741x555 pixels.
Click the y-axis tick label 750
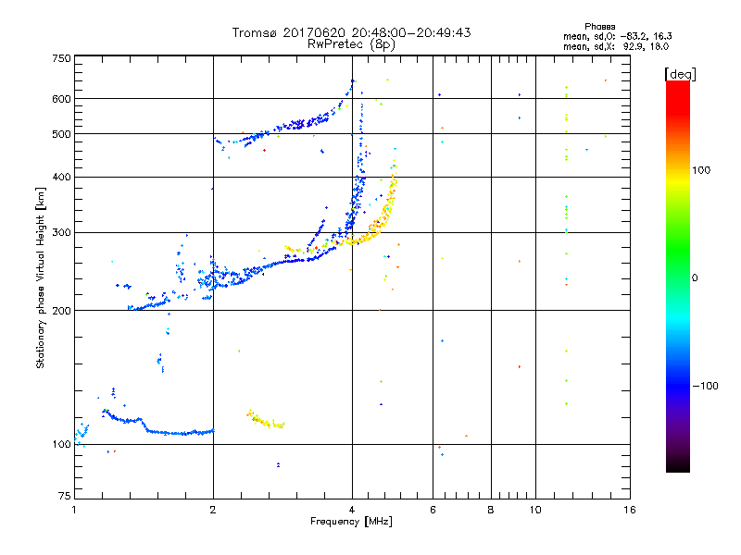click(x=61, y=58)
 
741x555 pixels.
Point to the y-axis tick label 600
click(x=61, y=99)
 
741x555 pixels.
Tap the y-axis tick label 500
click(x=61, y=134)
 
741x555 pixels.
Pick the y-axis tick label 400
click(x=61, y=177)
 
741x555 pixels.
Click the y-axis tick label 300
click(x=61, y=232)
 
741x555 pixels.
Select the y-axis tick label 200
click(x=61, y=310)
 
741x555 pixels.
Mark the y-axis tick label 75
click(x=64, y=499)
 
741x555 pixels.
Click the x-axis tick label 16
click(x=629, y=510)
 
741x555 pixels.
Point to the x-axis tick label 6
click(x=433, y=510)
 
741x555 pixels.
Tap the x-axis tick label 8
click(x=491, y=510)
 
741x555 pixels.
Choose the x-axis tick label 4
click(x=352, y=510)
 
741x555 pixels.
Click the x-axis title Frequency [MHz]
click(x=352, y=522)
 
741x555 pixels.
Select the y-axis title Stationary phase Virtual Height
click(x=40, y=277)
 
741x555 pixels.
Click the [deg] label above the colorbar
click(x=681, y=73)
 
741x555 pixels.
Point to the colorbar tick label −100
click(x=706, y=386)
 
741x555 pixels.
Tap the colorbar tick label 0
click(x=696, y=277)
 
